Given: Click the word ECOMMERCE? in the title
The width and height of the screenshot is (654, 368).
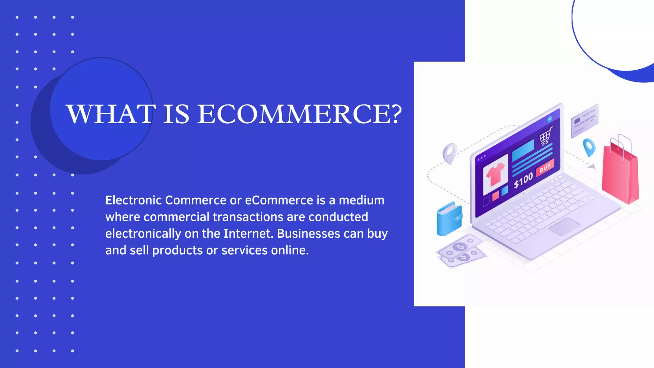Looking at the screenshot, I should click(x=299, y=114).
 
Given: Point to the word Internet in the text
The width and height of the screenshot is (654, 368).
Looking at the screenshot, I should click(x=248, y=234).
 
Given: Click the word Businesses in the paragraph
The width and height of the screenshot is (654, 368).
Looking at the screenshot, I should click(x=308, y=234).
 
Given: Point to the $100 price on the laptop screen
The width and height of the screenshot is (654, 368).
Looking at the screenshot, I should click(x=523, y=180).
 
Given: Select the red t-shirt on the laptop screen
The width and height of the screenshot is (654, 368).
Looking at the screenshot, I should click(x=495, y=174).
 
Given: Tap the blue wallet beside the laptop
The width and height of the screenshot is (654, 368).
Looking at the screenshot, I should click(x=449, y=219).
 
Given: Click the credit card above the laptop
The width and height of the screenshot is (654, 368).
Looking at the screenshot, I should click(x=584, y=121).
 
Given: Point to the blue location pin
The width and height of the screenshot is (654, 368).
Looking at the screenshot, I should click(x=589, y=147).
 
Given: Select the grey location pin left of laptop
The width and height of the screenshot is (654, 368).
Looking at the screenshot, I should click(x=450, y=153).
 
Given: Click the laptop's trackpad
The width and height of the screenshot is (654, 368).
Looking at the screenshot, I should click(x=564, y=226).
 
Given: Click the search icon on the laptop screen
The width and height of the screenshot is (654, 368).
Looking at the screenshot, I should click(x=550, y=119).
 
